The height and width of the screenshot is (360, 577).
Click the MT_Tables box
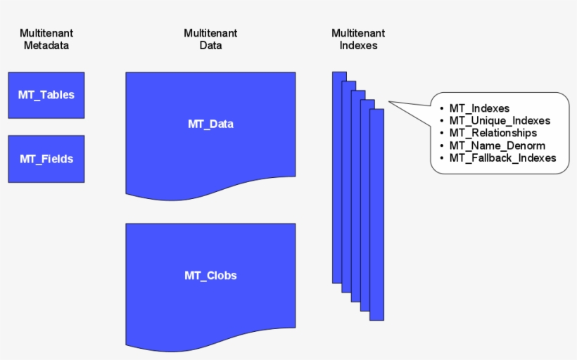click(x=46, y=95)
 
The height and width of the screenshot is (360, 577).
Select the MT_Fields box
click(x=46, y=159)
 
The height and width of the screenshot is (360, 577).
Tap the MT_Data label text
click(x=210, y=124)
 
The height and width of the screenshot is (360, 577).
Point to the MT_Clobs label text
click(x=210, y=276)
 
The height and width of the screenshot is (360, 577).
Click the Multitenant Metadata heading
click(x=46, y=39)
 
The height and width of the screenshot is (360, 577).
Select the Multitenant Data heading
click(x=210, y=39)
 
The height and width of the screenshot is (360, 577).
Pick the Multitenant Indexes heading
click(x=358, y=39)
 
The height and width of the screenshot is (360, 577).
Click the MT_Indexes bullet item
click(x=479, y=108)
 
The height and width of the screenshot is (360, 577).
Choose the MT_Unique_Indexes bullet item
click(x=500, y=121)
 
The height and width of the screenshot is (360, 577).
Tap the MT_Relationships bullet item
click(x=493, y=133)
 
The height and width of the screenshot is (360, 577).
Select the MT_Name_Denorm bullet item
click(x=497, y=146)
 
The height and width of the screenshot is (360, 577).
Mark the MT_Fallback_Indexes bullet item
click(x=502, y=158)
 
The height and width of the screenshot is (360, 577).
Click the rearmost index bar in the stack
click(x=336, y=176)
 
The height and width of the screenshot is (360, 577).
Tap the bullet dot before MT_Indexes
click(x=441, y=109)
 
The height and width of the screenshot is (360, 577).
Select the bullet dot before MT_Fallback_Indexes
click(x=441, y=159)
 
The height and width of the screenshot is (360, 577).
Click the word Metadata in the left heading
click(x=46, y=46)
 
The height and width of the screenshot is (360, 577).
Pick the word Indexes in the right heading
click(x=358, y=46)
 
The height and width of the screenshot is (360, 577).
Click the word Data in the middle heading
click(x=210, y=46)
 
